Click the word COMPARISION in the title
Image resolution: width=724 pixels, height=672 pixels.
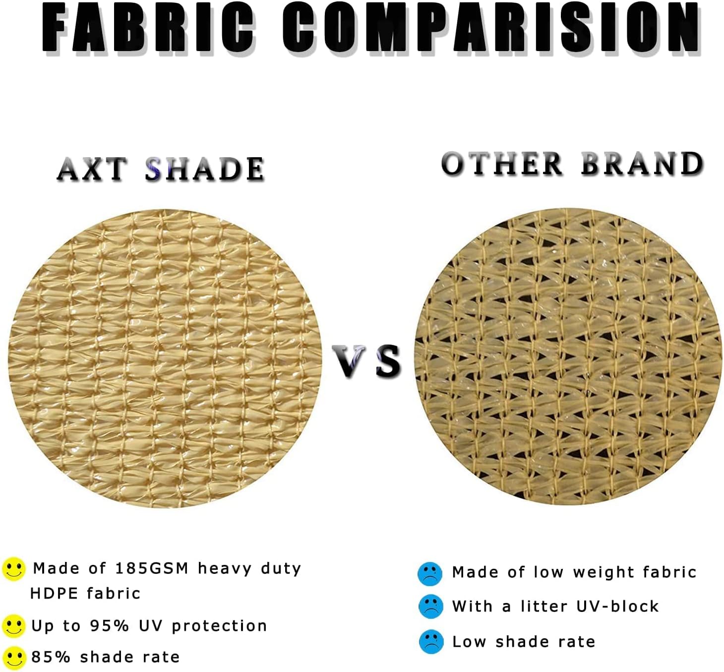(x=491, y=28)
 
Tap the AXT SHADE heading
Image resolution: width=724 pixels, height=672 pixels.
(x=161, y=169)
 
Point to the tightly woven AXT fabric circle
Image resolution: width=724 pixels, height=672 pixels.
(x=165, y=358)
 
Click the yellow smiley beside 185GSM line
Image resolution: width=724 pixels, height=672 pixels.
(x=13, y=568)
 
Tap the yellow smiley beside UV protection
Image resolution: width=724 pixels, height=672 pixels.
(x=13, y=626)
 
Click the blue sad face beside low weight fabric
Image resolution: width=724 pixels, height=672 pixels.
(x=430, y=573)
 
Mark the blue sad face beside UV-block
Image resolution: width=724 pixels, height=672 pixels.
(x=430, y=606)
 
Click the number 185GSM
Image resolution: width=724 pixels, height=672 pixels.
(x=152, y=568)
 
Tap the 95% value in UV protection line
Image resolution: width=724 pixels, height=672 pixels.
(x=110, y=626)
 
